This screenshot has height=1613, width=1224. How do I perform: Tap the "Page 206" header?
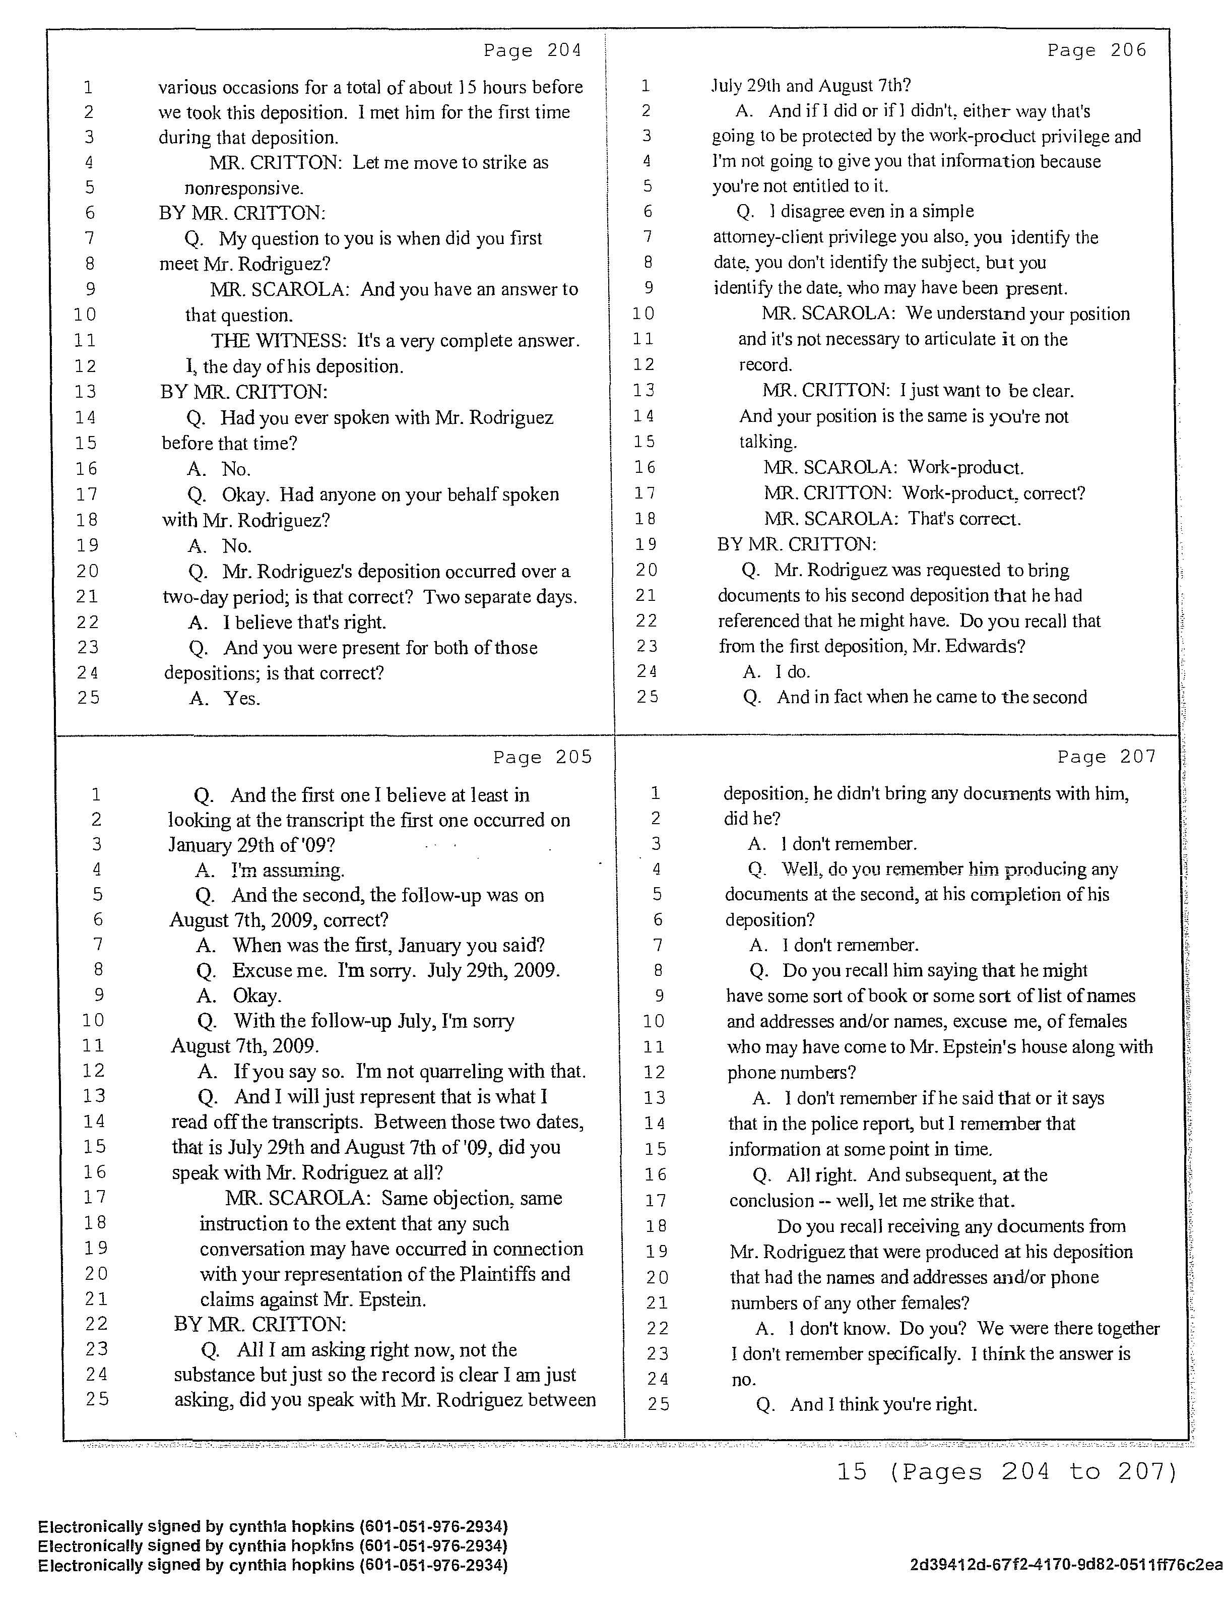[1097, 50]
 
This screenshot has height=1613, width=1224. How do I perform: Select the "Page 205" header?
[542, 757]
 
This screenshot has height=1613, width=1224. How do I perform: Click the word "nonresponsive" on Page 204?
[242, 188]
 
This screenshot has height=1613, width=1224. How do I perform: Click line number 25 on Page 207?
[658, 1404]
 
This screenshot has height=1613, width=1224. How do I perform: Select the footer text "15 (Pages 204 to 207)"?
[1007, 1471]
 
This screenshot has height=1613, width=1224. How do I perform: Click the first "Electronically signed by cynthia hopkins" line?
[273, 1527]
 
